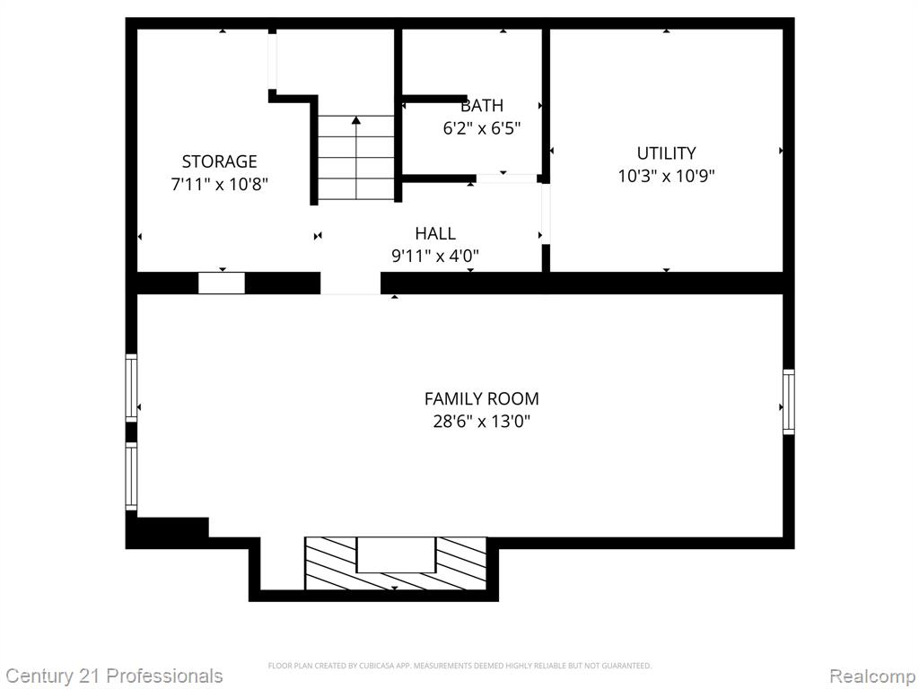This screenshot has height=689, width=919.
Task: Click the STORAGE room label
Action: [x=219, y=161]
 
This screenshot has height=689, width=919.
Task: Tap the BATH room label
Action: [x=481, y=106]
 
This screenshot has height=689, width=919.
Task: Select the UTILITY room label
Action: [x=667, y=153]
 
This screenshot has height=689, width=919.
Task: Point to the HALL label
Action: [x=435, y=233]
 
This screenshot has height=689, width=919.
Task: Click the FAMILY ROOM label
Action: [x=481, y=398]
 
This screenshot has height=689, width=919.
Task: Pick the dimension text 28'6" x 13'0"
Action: [x=481, y=422]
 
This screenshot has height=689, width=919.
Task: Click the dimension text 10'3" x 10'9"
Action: [x=667, y=176]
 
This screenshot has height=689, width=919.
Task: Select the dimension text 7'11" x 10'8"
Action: [x=219, y=184]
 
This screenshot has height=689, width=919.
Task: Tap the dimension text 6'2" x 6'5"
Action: [x=481, y=128]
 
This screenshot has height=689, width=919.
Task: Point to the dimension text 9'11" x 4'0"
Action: [x=435, y=256]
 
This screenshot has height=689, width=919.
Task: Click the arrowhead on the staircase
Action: [x=355, y=120]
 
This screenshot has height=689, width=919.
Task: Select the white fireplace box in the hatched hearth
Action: [x=396, y=554]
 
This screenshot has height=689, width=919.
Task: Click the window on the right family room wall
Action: [x=789, y=402]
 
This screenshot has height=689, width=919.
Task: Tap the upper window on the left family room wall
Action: [x=131, y=388]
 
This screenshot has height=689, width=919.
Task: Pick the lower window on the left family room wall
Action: [x=131, y=475]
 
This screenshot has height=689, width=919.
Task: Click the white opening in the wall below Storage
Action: [x=222, y=283]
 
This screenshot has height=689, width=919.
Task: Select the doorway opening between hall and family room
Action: [x=351, y=283]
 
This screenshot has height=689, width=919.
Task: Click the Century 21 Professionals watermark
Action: [x=114, y=676]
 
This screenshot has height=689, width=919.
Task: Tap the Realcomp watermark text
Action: [x=872, y=676]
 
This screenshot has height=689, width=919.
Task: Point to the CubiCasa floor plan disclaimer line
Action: [x=459, y=666]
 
